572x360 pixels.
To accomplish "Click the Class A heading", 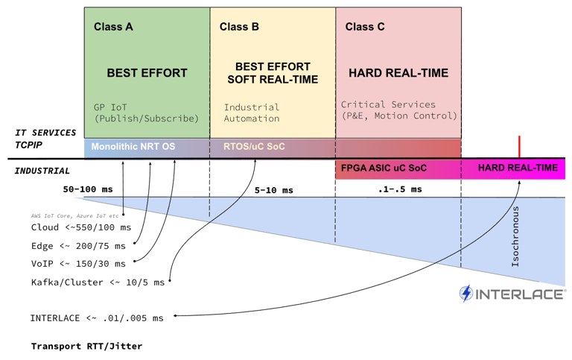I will (x=113, y=27).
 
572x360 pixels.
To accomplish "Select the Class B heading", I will (x=239, y=27).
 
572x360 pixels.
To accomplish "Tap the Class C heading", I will (x=365, y=27).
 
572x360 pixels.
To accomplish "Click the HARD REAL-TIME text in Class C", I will (x=398, y=73).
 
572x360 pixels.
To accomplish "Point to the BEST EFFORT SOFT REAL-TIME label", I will (x=273, y=73).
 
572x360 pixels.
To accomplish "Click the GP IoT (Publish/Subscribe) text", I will (x=146, y=113).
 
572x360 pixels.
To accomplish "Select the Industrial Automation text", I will (x=252, y=113).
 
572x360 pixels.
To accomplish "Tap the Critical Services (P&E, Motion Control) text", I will (x=398, y=110).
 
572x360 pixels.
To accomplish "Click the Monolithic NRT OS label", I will (x=133, y=147).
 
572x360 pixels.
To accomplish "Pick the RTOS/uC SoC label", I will (x=254, y=147).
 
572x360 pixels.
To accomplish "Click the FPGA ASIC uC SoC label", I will (x=384, y=168).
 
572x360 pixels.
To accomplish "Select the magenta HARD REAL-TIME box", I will (x=517, y=168).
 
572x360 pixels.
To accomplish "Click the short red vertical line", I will (x=519, y=147).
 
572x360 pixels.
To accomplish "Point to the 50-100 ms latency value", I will (x=88, y=189).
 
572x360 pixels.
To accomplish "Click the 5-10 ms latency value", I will (x=273, y=191).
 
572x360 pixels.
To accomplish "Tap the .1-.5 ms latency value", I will (x=399, y=189).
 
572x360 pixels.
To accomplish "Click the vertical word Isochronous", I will (x=515, y=236).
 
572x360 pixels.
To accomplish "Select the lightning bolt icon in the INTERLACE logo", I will (x=466, y=294).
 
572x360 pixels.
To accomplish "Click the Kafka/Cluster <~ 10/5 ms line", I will (x=98, y=282).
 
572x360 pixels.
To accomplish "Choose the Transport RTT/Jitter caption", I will (x=86, y=346).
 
